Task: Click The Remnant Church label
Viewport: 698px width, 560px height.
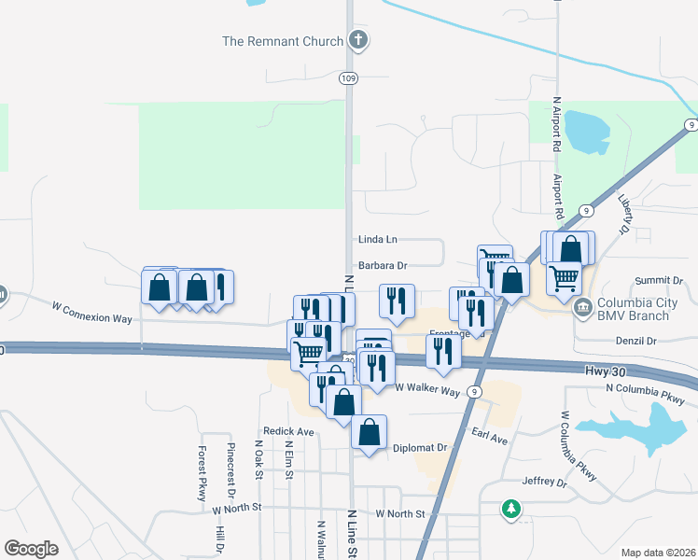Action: pyautogui.click(x=282, y=41)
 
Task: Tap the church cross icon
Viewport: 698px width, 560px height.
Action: pyautogui.click(x=357, y=40)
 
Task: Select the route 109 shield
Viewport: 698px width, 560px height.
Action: pyautogui.click(x=348, y=77)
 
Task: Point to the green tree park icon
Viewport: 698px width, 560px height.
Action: pyautogui.click(x=510, y=509)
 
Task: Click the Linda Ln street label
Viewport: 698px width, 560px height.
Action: pyautogui.click(x=377, y=240)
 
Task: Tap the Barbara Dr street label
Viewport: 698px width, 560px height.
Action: pyautogui.click(x=383, y=266)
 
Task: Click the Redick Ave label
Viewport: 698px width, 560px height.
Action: pyautogui.click(x=288, y=432)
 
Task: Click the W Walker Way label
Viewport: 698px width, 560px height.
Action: pyautogui.click(x=427, y=387)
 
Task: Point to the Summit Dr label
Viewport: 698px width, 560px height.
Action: pyautogui.click(x=659, y=280)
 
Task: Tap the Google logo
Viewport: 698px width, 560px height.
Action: pyautogui.click(x=31, y=549)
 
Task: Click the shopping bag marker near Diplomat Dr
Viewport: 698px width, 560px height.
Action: pyautogui.click(x=370, y=432)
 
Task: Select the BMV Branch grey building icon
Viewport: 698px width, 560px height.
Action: pyautogui.click(x=583, y=306)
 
